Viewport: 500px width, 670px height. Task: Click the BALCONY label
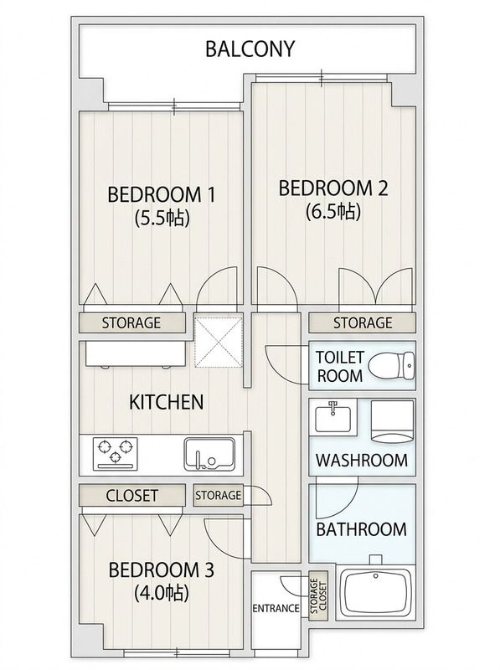[250, 49]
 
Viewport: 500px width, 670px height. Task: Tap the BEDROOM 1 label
[161, 195]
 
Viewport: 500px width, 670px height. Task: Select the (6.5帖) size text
[333, 211]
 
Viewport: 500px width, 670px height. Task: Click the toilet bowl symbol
[391, 366]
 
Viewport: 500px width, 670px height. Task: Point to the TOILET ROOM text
[340, 366]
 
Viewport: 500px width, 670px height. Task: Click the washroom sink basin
[332, 418]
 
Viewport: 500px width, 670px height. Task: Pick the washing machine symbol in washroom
[393, 421]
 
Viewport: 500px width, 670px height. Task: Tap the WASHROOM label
[362, 460]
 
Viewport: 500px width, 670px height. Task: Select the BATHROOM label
[361, 529]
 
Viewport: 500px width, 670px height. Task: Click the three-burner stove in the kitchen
[115, 454]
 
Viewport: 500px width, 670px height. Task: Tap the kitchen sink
[209, 455]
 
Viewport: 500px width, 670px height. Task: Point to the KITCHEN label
[166, 402]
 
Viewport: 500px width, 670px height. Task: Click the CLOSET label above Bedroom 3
[131, 495]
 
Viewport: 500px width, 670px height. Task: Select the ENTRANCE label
[276, 608]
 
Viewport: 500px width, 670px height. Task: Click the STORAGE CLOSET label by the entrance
[318, 596]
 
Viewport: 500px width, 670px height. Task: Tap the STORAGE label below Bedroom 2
[363, 322]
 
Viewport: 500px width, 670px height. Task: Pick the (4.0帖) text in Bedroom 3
[162, 593]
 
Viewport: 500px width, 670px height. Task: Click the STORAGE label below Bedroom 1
[131, 322]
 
